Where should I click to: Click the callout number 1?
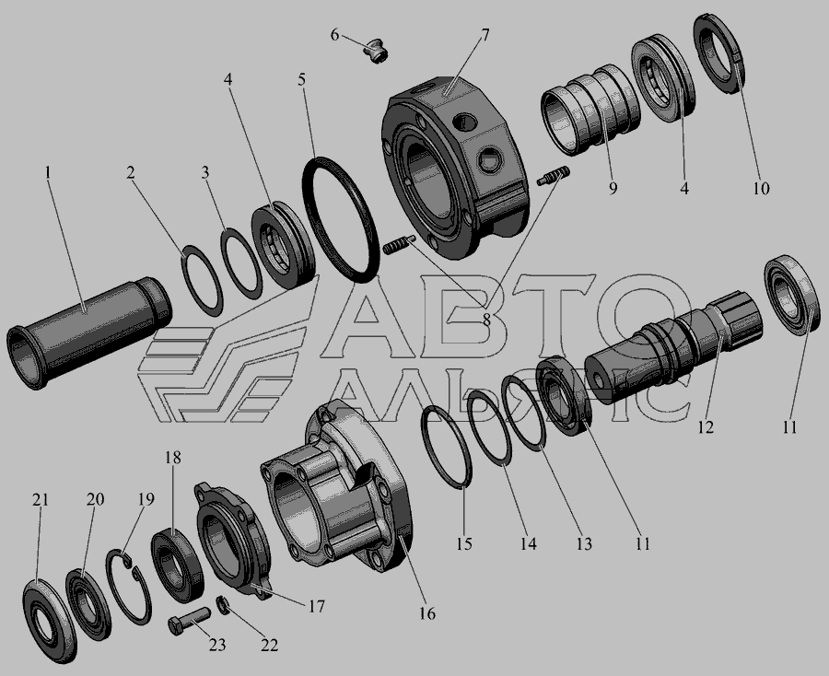(48, 172)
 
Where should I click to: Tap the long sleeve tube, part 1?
(88, 332)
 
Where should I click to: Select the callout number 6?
(334, 35)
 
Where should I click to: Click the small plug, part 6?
(377, 51)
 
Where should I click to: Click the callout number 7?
(485, 35)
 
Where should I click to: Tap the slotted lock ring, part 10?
(719, 54)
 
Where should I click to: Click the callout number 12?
(706, 426)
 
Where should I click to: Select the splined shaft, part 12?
(672, 344)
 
